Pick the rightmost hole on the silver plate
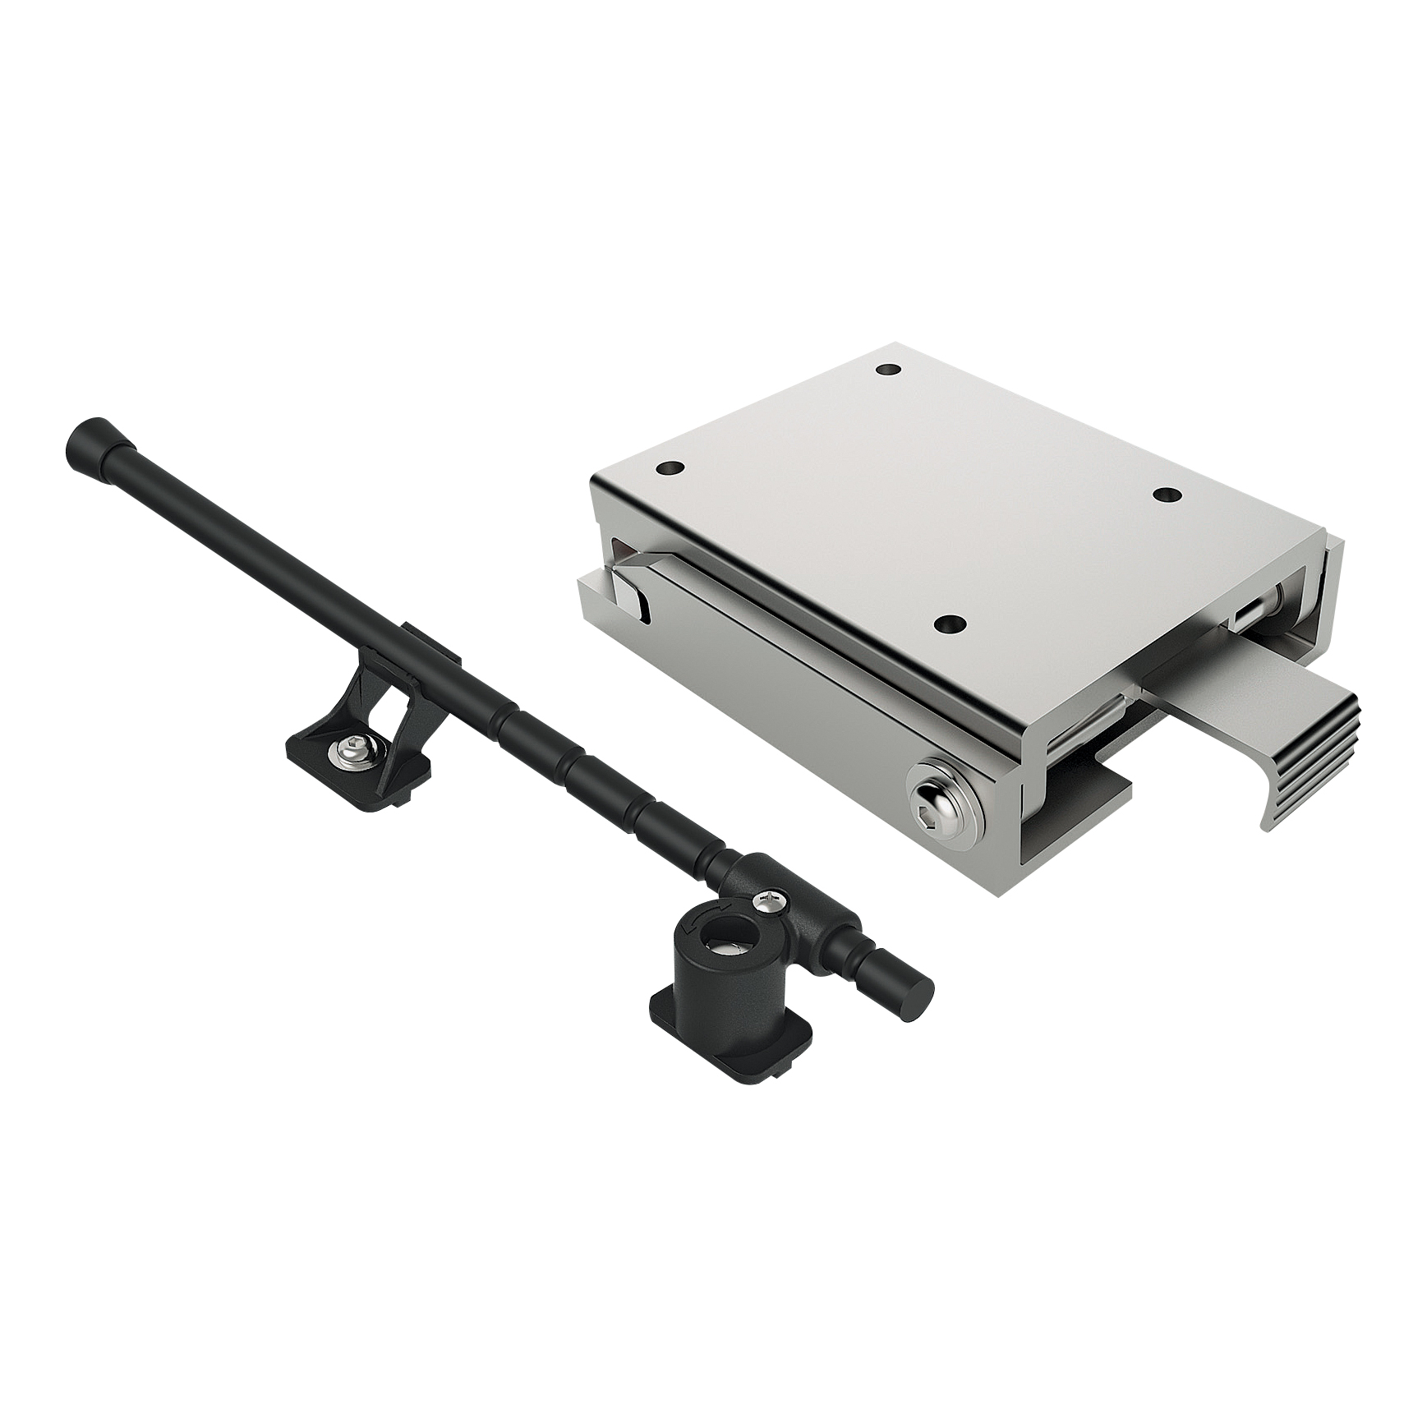pyautogui.click(x=1164, y=494)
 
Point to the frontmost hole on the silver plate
pyautogui.click(x=951, y=624)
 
